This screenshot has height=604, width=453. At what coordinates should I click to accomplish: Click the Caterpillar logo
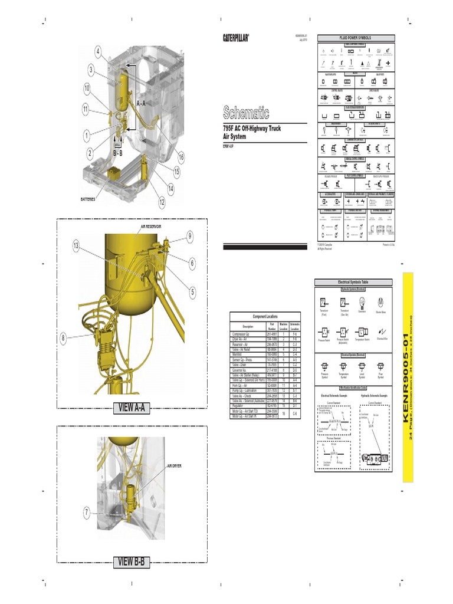235,38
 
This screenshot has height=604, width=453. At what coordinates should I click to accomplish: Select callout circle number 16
181,157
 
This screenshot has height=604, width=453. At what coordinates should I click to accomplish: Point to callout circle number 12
162,202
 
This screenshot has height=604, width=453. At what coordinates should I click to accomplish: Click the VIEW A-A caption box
132,408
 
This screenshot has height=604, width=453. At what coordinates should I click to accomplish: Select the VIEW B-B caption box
132,561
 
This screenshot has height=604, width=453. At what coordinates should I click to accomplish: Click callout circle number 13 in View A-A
76,246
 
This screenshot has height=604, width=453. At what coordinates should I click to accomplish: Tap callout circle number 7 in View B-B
87,512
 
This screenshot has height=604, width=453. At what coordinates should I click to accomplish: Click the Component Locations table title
264,317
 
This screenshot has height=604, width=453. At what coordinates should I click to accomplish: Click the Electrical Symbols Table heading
352,283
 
